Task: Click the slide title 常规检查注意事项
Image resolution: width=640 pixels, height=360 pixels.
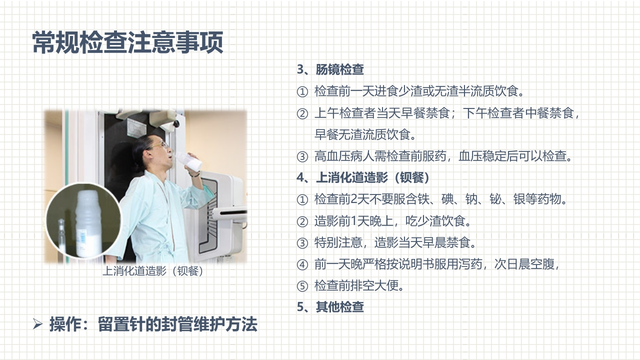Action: (x=127, y=42)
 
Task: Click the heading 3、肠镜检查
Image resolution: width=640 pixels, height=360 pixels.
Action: (x=330, y=69)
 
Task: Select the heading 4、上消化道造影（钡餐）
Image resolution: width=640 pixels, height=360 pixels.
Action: (x=363, y=177)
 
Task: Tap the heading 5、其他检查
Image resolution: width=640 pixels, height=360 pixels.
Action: (x=330, y=307)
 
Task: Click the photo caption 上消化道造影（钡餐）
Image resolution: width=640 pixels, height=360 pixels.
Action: (x=152, y=271)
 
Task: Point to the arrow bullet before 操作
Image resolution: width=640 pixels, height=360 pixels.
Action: (x=37, y=324)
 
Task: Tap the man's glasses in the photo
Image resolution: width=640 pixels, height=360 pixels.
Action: (x=158, y=145)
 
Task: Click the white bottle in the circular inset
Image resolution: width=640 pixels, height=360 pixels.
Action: (x=88, y=220)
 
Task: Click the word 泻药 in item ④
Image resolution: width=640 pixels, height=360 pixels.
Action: (x=470, y=264)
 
